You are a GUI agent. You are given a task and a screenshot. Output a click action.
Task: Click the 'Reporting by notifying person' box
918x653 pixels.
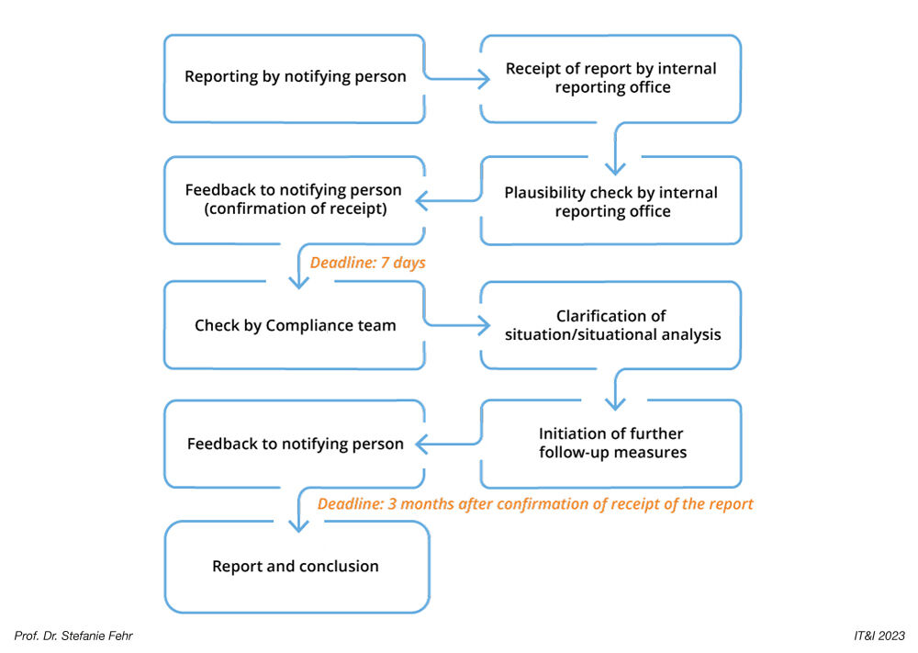pos(295,77)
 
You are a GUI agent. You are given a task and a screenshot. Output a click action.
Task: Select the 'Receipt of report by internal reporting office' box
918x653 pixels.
pos(610,78)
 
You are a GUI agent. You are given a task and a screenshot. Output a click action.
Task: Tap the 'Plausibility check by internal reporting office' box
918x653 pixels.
pos(610,202)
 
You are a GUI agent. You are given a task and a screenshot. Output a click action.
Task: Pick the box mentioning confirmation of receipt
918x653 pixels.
pos(294,200)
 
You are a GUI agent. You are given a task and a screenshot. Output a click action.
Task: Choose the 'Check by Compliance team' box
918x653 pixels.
pos(295,325)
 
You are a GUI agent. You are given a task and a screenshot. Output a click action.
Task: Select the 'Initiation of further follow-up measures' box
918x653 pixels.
pos(611,443)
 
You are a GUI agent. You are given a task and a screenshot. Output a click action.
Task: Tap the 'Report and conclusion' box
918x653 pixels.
pos(296,566)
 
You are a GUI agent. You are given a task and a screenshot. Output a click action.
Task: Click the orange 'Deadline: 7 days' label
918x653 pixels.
pos(367,263)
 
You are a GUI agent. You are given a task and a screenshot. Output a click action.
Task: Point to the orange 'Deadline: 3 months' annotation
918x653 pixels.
pos(535,503)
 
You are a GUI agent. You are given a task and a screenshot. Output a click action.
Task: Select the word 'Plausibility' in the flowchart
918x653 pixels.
pos(545,193)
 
